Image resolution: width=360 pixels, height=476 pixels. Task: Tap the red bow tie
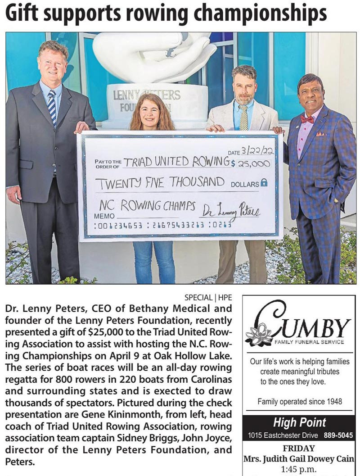[307, 119]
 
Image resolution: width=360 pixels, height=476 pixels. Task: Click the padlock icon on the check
[264, 183]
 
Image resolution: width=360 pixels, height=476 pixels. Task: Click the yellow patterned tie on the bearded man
[243, 118]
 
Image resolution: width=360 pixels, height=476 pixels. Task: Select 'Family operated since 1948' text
[299, 401]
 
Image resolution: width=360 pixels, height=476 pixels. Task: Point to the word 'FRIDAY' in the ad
[299, 449]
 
